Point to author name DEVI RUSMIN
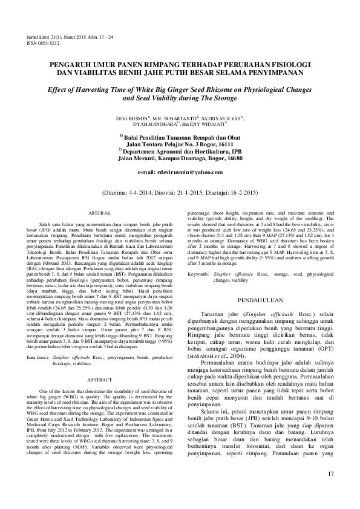coord(136,118)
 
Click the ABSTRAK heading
coord(99,214)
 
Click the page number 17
coord(330,490)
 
